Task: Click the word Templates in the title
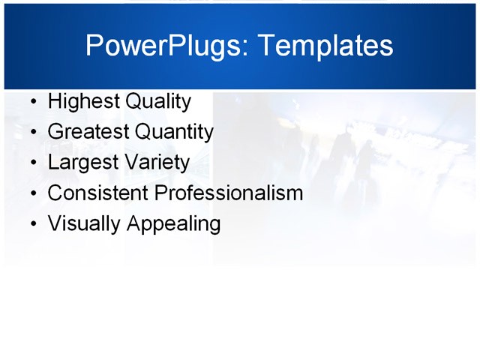[x=325, y=46]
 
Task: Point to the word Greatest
[x=88, y=133]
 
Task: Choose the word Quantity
[x=174, y=133]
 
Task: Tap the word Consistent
[x=98, y=193]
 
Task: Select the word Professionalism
[x=229, y=193]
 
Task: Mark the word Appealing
[x=174, y=224]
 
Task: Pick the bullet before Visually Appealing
[x=31, y=224]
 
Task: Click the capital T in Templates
[x=265, y=46]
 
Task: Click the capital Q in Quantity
[x=143, y=133]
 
